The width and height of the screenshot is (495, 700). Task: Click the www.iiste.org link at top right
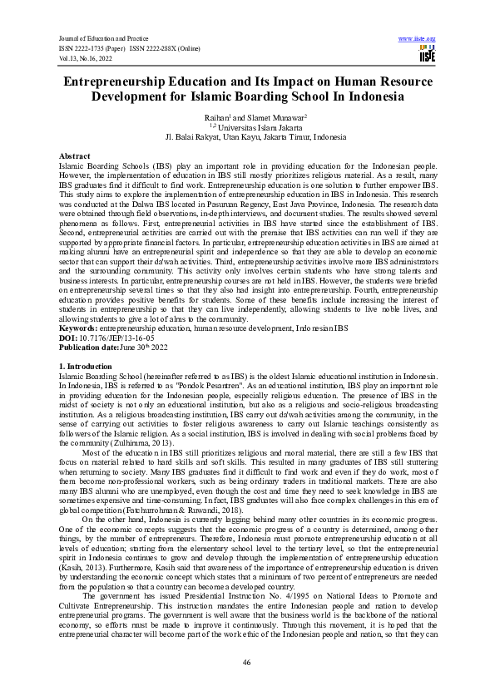click(x=418, y=39)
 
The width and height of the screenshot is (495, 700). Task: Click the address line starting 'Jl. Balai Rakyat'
click(x=247, y=138)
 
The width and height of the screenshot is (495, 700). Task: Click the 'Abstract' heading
click(x=75, y=156)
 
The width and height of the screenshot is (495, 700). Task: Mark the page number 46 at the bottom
click(x=247, y=662)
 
